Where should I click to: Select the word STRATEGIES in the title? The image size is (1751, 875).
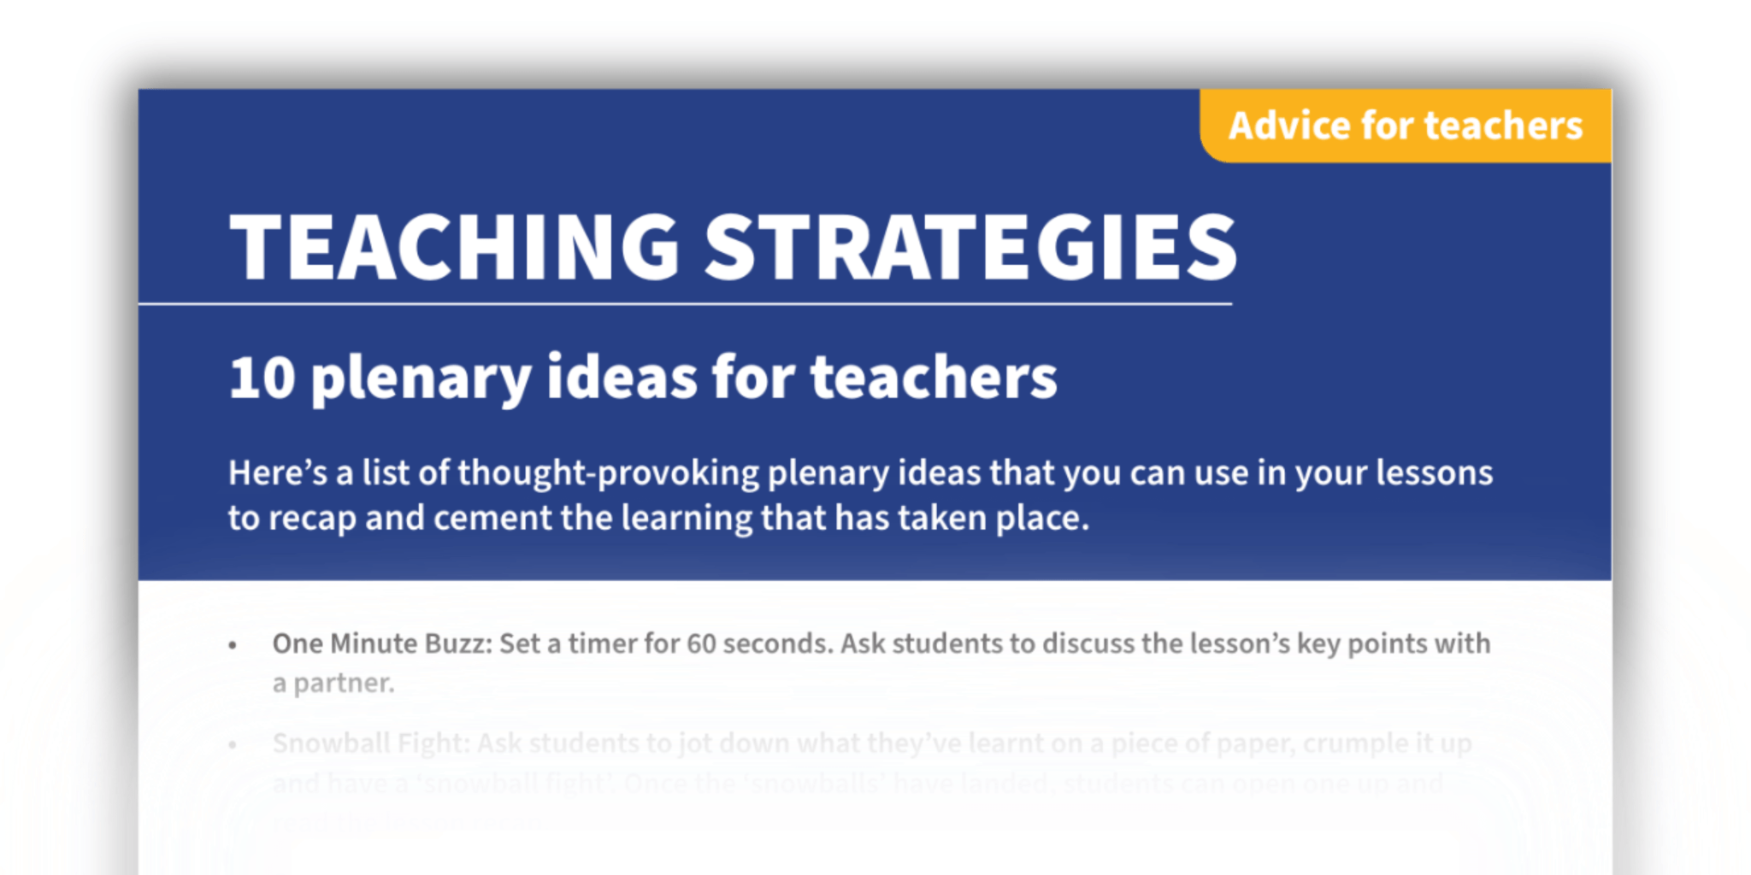971,247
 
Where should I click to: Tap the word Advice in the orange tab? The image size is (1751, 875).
1289,126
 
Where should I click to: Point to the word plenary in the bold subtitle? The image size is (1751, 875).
421,379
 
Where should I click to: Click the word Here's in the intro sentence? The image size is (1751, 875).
277,473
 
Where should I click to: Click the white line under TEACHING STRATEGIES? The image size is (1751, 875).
684,303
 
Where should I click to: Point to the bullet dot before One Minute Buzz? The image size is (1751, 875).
233,646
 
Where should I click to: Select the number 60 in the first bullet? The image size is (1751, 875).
701,643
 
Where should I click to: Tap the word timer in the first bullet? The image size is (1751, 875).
602,643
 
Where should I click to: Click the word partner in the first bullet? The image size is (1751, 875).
344,684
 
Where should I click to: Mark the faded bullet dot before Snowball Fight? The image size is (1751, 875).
233,745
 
